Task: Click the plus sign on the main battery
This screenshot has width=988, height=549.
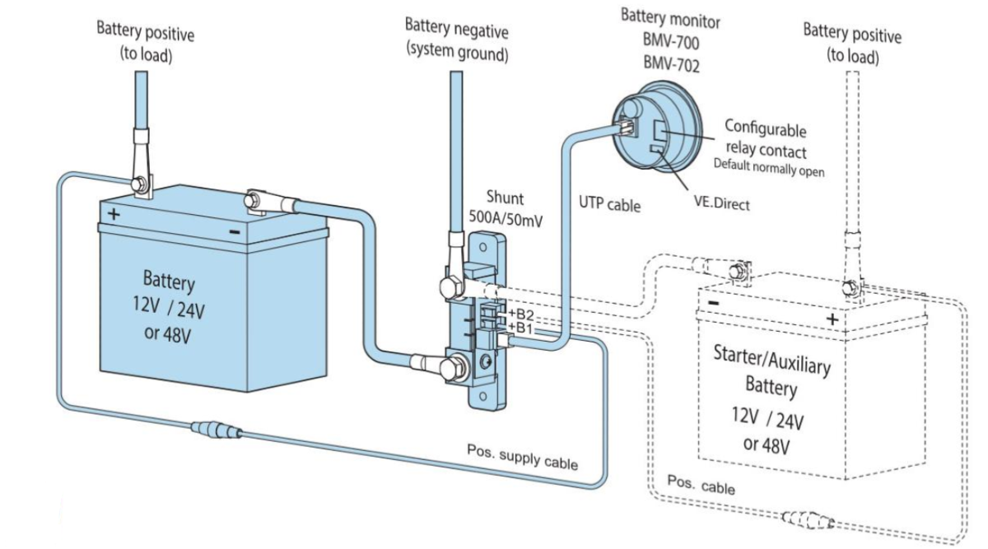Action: point(114,214)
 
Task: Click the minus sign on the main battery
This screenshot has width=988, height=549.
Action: point(235,232)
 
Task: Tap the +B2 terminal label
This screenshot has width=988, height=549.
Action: point(521,314)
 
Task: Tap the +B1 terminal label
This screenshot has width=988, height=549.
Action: point(520,328)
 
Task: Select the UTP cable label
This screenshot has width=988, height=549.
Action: point(609,204)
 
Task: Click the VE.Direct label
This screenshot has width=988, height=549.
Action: point(721,203)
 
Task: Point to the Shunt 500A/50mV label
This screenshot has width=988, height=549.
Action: point(506,208)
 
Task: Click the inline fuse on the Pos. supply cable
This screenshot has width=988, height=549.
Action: point(217,430)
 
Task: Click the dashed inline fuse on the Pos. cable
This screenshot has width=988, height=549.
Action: point(808,520)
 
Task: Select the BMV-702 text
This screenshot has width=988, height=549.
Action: point(671,64)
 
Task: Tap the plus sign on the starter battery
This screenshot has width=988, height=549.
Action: point(832,319)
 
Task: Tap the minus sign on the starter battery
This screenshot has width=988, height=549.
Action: point(713,303)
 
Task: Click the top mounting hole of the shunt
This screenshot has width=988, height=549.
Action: point(483,248)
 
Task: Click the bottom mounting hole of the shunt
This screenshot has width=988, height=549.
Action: point(483,396)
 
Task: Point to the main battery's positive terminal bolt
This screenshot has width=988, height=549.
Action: point(140,184)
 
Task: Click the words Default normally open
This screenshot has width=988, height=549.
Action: point(769,168)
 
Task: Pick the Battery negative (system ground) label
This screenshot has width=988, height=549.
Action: point(456,40)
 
